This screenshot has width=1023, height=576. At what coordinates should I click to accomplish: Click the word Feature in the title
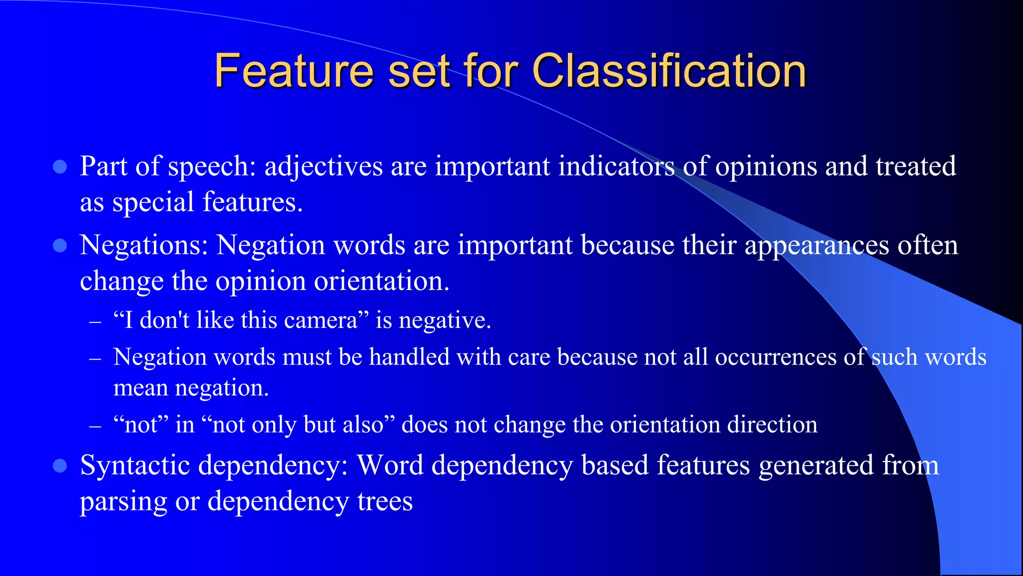(294, 71)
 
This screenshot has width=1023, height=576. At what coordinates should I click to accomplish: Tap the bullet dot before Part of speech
(60, 167)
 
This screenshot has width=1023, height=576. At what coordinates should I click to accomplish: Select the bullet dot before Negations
(60, 245)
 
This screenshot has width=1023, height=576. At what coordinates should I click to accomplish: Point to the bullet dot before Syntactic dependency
(60, 466)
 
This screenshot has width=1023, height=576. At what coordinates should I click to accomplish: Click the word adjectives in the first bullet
(323, 166)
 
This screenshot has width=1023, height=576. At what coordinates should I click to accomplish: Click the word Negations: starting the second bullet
(144, 245)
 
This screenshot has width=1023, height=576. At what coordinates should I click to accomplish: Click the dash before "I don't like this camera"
(95, 322)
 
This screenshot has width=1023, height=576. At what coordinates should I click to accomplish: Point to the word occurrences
(776, 357)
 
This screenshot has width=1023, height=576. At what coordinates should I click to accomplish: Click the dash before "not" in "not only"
(95, 426)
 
